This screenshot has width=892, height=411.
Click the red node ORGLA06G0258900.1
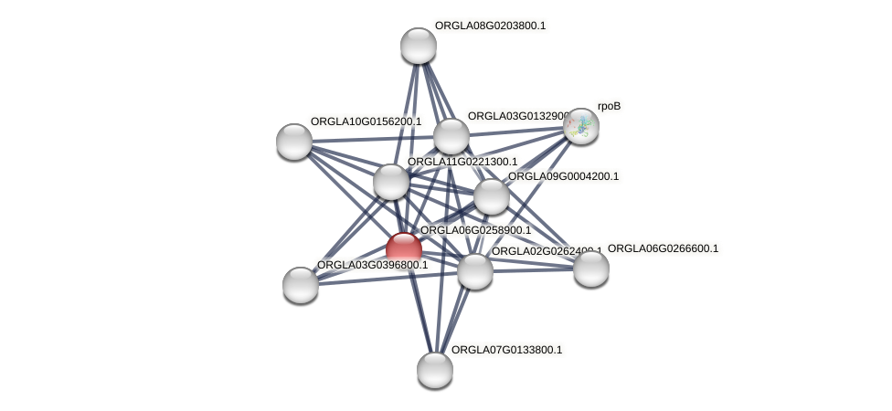tap(403, 249)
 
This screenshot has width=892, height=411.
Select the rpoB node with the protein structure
tap(580, 126)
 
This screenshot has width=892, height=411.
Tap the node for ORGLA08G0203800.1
tap(419, 46)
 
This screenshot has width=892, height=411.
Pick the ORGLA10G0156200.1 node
tap(294, 141)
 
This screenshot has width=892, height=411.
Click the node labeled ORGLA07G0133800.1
tap(435, 369)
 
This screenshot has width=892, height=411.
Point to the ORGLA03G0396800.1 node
tap(301, 284)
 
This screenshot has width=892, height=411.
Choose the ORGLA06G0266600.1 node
tap(590, 268)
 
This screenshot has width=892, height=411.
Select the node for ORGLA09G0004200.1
tap(492, 195)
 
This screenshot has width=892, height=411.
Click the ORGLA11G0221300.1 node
tap(391, 181)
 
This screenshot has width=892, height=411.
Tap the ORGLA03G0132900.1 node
tap(451, 136)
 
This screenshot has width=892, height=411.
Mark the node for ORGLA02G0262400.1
tap(475, 270)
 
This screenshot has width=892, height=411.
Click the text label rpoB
tap(609, 107)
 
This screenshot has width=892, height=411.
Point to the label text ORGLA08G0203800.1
tap(490, 26)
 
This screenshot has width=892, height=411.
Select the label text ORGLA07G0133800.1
tap(506, 350)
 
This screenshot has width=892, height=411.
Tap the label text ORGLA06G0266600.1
tap(663, 248)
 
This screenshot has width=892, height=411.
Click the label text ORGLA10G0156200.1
tap(366, 121)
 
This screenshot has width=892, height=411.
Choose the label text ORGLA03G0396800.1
tap(372, 265)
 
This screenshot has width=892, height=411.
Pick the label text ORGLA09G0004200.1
tap(563, 176)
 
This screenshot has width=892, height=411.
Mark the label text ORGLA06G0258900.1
tap(475, 230)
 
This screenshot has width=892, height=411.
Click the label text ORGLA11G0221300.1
tap(462, 162)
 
